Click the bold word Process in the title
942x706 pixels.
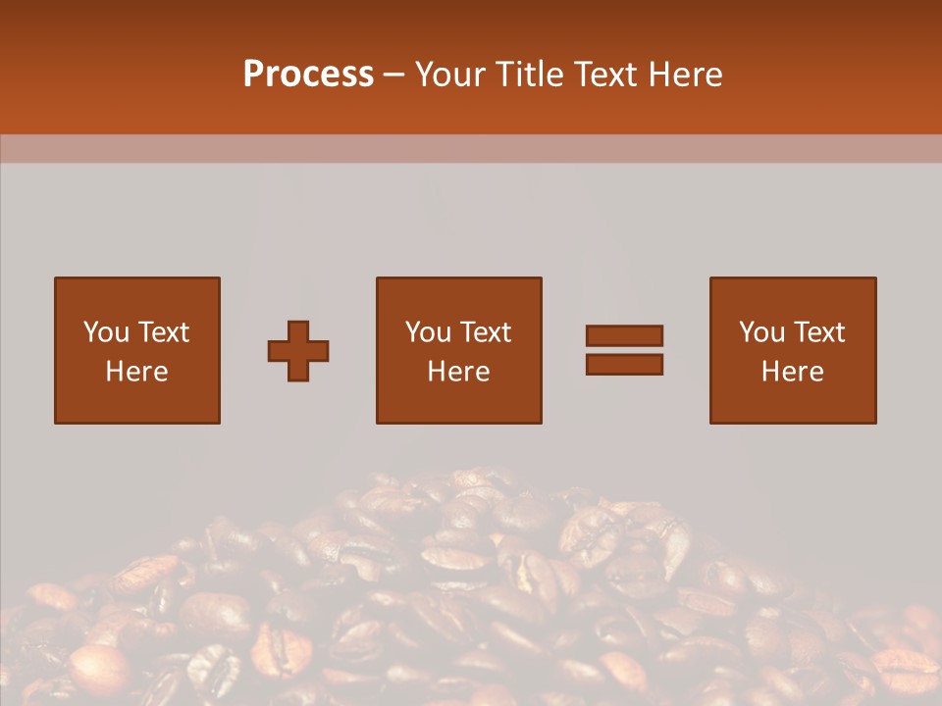click(x=308, y=75)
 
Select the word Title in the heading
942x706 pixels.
click(x=531, y=75)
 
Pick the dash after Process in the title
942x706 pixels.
click(x=394, y=76)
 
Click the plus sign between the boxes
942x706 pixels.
click(x=298, y=350)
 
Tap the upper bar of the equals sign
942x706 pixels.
click(x=624, y=335)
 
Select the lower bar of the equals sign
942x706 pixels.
click(x=624, y=364)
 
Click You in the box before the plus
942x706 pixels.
click(x=106, y=332)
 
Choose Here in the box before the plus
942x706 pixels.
click(x=136, y=372)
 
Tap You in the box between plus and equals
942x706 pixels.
click(x=428, y=332)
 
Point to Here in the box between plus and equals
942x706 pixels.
click(x=458, y=372)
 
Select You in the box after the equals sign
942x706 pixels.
click(x=761, y=332)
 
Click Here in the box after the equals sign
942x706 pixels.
click(x=792, y=372)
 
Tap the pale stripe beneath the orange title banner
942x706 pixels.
click(x=471, y=148)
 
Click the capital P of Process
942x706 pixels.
click(x=254, y=75)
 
